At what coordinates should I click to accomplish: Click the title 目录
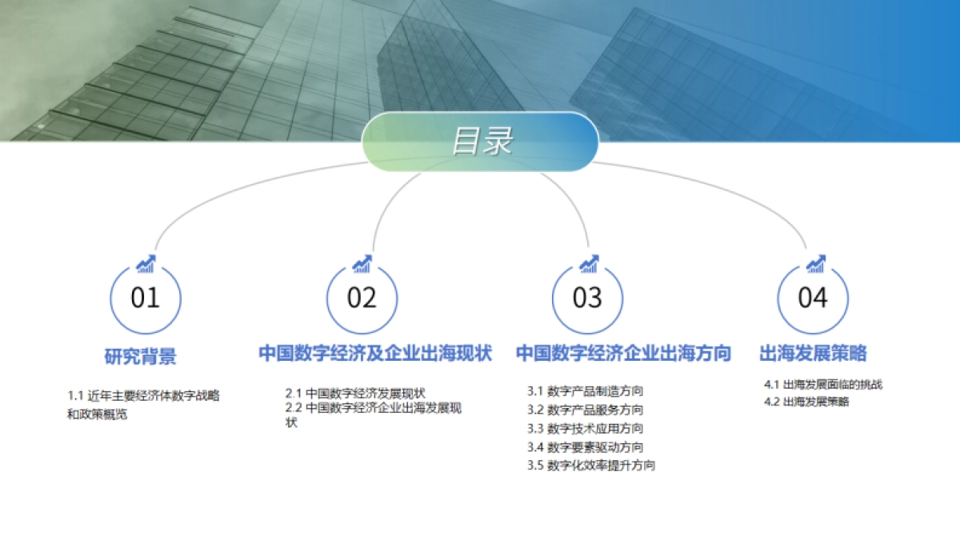coord(481,142)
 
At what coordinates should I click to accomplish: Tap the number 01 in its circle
coord(146,298)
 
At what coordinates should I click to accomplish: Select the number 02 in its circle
coord(362,298)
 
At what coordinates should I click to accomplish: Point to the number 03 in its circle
coord(587,298)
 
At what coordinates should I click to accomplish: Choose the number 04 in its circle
coord(813,298)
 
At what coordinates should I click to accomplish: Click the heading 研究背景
coord(140,356)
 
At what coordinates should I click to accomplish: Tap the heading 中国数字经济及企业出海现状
coord(374,354)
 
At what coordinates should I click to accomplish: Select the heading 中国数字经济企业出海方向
coord(623,354)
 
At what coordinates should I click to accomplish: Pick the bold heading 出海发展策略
coord(813,354)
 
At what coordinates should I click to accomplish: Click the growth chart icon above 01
coord(146,264)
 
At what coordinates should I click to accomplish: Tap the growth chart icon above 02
coord(362,264)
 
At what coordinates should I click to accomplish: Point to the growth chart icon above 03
coord(589,264)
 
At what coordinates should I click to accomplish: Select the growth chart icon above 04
coord(815,264)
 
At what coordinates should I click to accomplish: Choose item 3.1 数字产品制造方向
coord(585,391)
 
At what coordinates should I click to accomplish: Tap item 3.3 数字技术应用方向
coord(585,428)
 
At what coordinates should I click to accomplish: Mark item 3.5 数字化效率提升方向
coord(591,466)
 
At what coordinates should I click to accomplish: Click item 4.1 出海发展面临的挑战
coord(823,384)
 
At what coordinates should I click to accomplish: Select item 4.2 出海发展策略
coord(806,402)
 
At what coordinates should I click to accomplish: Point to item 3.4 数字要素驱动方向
coord(585,447)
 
